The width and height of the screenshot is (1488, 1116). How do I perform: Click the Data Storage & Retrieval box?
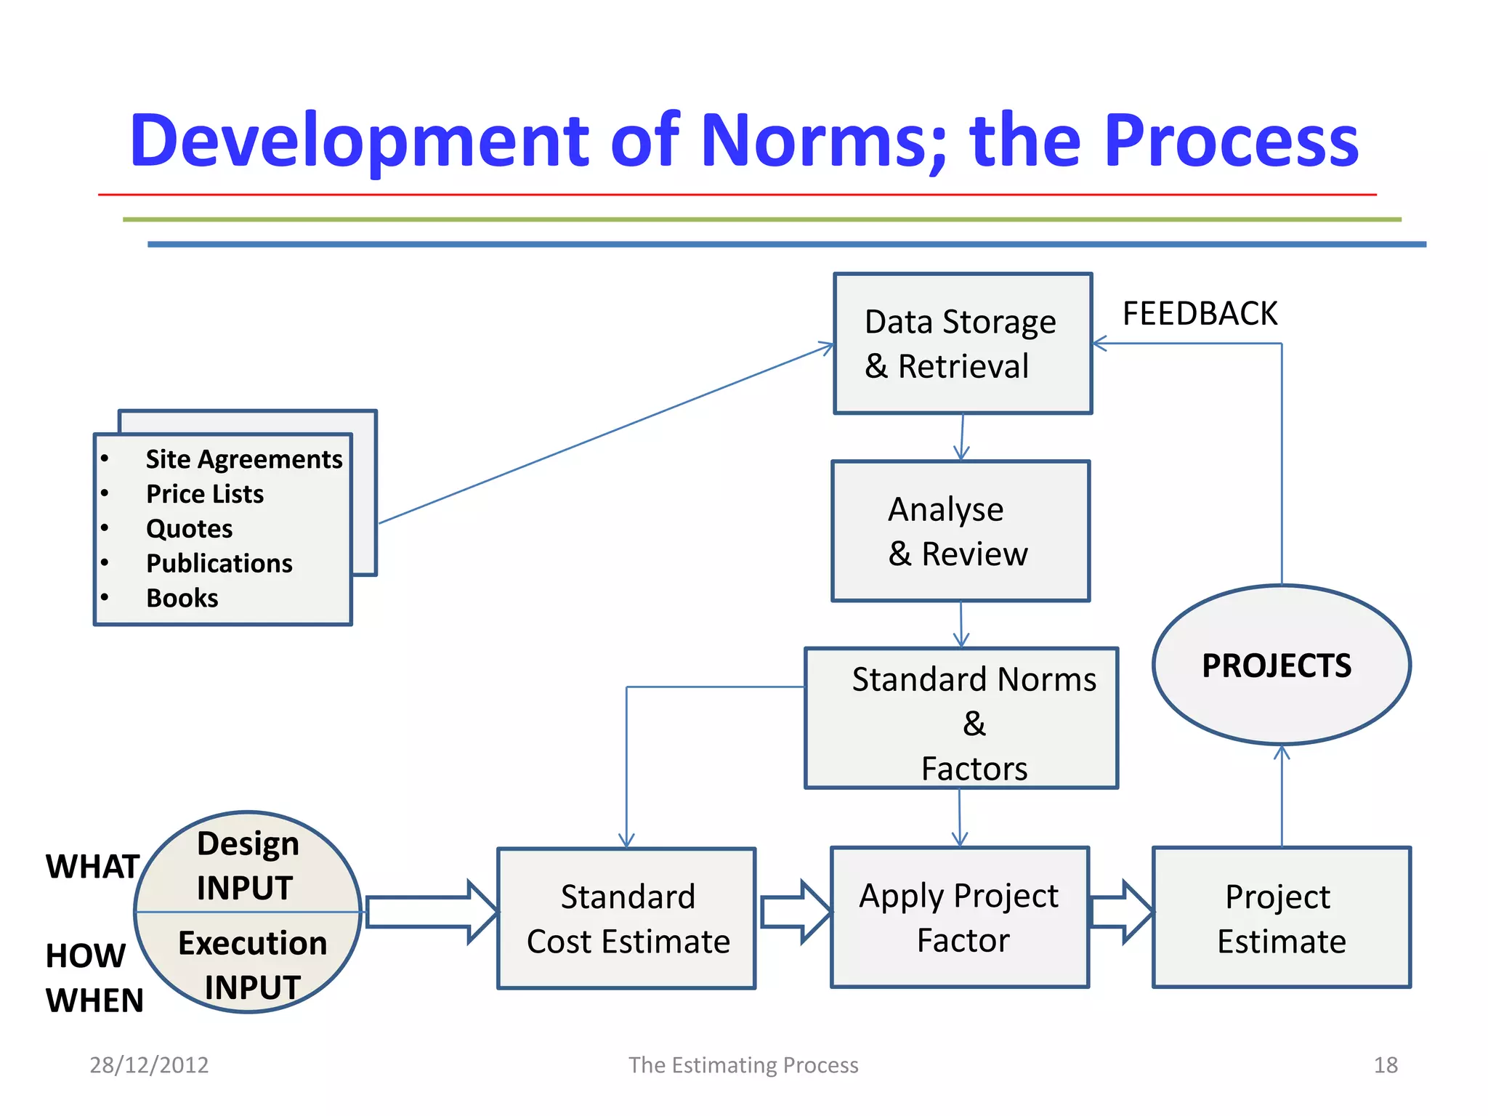click(x=962, y=343)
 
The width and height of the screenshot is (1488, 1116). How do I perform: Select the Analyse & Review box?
click(x=960, y=530)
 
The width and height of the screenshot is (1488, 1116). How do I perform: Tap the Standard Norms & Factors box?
click(x=961, y=718)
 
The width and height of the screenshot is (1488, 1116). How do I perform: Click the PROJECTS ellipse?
click(x=1280, y=665)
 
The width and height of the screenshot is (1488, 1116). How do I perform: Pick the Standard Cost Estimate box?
click(x=626, y=918)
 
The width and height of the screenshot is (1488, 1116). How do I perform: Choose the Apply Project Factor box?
click(x=959, y=917)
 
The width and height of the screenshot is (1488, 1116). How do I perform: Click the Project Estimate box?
click(x=1281, y=917)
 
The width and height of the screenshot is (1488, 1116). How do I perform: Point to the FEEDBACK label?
click(x=1199, y=314)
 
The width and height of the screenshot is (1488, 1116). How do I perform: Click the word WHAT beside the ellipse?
click(x=92, y=866)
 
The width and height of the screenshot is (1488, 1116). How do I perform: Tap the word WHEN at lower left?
click(x=94, y=1000)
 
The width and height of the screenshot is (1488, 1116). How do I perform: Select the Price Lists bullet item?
click(x=205, y=494)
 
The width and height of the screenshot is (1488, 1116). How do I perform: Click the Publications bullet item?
click(x=219, y=563)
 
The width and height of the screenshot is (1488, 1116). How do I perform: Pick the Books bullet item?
click(x=182, y=598)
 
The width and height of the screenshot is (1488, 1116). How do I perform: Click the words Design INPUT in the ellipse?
click(x=247, y=865)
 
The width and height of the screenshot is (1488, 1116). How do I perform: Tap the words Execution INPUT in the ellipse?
click(x=252, y=965)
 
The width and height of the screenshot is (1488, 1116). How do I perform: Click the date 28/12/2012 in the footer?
click(x=149, y=1064)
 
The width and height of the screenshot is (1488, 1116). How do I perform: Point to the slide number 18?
click(x=1385, y=1064)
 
